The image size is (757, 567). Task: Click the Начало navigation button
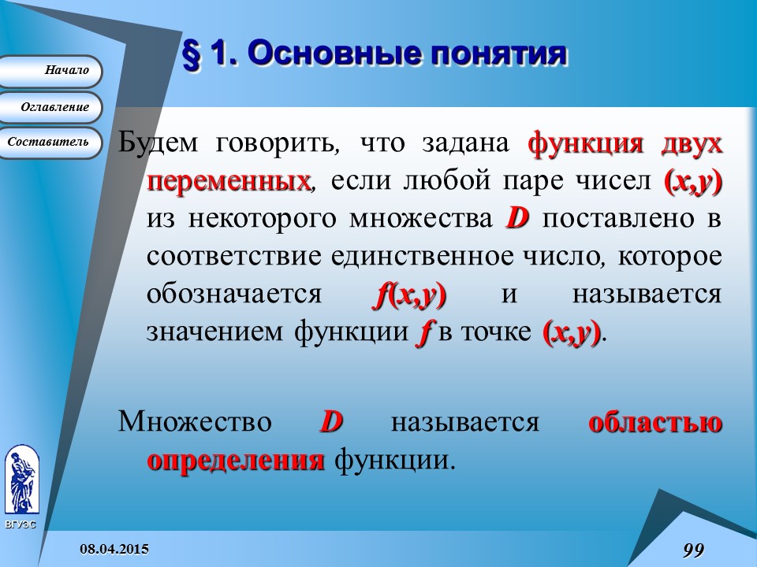(x=51, y=71)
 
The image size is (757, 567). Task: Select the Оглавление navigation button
(x=51, y=107)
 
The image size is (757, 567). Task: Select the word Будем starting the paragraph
(x=159, y=144)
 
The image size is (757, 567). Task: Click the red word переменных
(x=229, y=182)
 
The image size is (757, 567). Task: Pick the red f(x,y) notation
(x=408, y=295)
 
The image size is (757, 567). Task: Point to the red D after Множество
(x=330, y=422)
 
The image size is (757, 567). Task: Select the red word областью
(x=655, y=422)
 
